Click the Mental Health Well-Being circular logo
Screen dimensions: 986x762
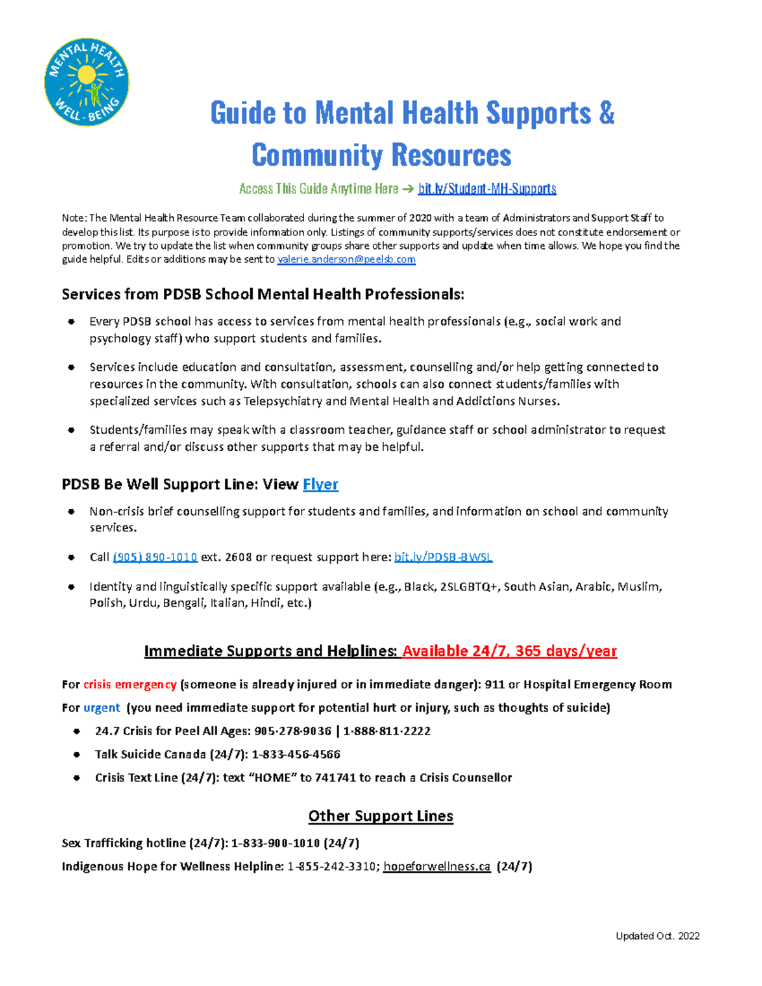point(86,82)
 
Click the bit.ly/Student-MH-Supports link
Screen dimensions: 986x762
point(487,189)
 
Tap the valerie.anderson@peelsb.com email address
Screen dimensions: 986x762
point(347,259)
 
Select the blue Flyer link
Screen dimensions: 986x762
point(320,484)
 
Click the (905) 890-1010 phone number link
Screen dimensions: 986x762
point(155,557)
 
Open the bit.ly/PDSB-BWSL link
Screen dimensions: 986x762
point(443,557)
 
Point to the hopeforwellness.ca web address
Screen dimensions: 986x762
point(437,867)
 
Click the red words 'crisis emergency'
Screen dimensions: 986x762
point(130,684)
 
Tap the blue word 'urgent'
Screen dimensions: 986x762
point(102,708)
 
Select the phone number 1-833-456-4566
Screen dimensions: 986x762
point(296,754)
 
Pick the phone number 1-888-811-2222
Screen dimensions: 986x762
point(387,731)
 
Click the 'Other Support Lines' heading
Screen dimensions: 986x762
point(380,816)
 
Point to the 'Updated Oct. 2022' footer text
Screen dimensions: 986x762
point(657,936)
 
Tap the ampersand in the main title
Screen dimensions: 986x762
point(606,113)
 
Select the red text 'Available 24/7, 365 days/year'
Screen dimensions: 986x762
point(509,651)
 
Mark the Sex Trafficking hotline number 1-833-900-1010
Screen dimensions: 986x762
point(276,843)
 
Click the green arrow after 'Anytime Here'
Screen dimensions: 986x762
point(408,189)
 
